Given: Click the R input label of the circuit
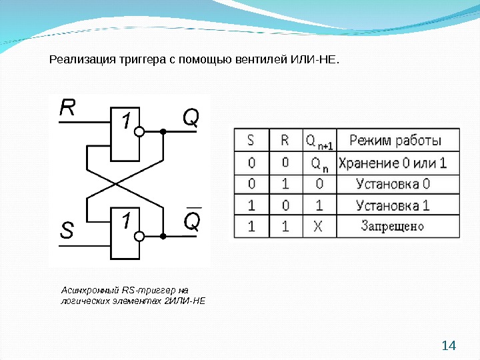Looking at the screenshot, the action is tap(67, 108).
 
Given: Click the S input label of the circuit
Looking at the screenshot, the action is tap(67, 231).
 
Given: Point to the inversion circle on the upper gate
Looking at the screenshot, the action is tap(139, 132).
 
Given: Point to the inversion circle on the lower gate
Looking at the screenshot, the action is tap(139, 236).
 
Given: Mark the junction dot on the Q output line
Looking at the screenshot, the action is tap(163, 132).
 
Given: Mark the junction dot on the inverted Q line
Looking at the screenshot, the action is tap(163, 236).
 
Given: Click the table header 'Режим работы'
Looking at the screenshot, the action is tap(395, 140).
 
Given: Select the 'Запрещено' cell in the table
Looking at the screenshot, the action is tap(393, 226).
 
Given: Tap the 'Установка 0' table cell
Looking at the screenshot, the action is tap(393, 183).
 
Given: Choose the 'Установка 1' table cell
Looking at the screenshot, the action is tap(393, 205).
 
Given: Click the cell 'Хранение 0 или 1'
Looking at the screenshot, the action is tap(393, 162).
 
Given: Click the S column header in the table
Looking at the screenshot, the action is tap(251, 140).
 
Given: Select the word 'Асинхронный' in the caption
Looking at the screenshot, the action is tap(89, 290).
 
